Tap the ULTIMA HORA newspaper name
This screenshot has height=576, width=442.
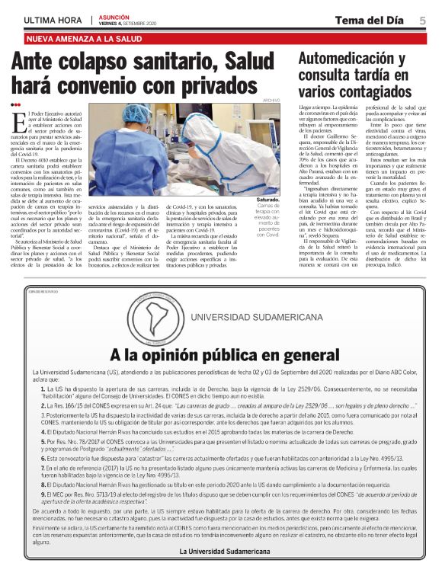pyautogui.click(x=54, y=20)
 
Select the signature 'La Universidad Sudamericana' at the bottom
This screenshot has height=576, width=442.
pyautogui.click(x=220, y=550)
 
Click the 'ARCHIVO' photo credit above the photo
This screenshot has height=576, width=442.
pyautogui.click(x=271, y=101)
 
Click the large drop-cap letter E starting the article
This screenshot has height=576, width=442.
pyautogui.click(x=20, y=120)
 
